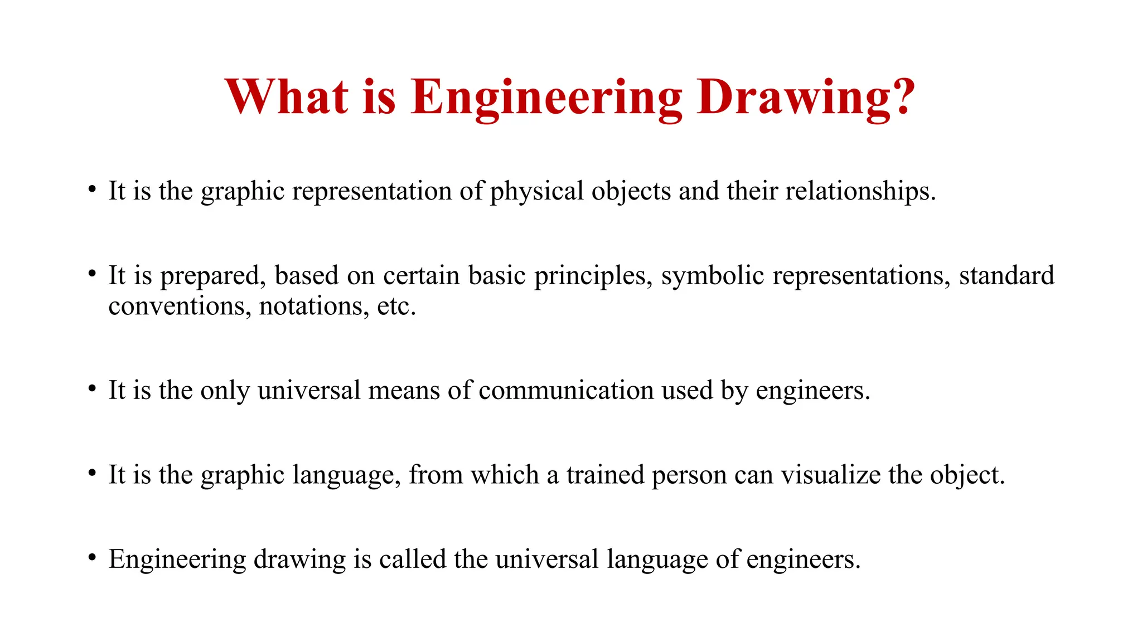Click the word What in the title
[x=287, y=96]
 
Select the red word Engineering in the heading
[x=546, y=99]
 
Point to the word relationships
[x=860, y=192]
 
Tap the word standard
[x=1006, y=275]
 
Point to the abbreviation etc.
[x=396, y=307]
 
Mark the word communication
[x=566, y=390]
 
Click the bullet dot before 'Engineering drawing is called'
[x=92, y=557]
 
